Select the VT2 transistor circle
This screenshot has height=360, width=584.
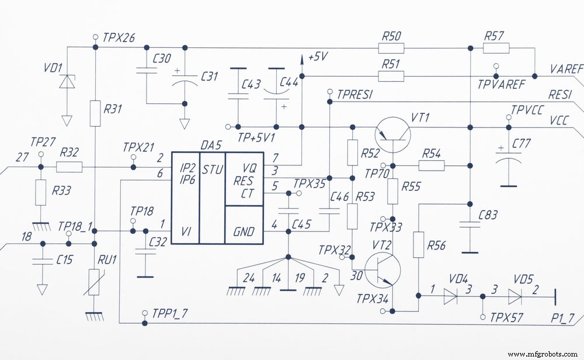(x=383, y=272)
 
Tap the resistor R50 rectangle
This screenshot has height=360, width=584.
(x=391, y=48)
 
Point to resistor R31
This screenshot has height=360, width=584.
(x=96, y=113)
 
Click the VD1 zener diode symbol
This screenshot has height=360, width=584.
(x=67, y=82)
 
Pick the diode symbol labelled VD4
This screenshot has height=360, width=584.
(x=450, y=297)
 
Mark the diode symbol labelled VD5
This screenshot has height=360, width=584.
(x=515, y=297)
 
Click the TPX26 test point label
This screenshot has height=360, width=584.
(x=119, y=38)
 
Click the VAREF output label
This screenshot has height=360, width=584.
(x=566, y=69)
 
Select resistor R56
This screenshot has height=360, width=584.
(x=419, y=244)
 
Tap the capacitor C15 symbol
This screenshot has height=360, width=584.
(x=41, y=261)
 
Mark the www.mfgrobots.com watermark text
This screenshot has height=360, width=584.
(x=542, y=354)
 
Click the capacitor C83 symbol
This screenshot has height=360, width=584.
(x=468, y=225)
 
